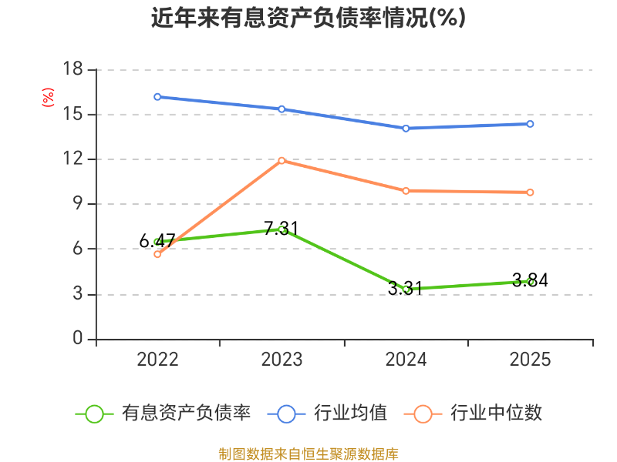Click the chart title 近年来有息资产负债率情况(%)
point(308,18)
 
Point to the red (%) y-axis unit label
point(48,97)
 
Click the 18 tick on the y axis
point(72,69)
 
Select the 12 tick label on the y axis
point(72,159)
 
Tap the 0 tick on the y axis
point(78,338)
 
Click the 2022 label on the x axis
point(157,360)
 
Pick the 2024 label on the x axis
point(406,360)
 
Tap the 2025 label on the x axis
point(530,360)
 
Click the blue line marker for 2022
point(157,97)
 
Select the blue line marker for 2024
point(406,129)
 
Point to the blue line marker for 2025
point(530,124)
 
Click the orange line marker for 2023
point(282,161)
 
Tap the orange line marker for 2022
point(157,255)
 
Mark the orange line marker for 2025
point(530,192)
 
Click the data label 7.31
point(281,228)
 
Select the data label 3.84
point(530,280)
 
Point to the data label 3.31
point(405,289)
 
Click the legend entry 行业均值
point(327,413)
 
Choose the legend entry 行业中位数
point(473,413)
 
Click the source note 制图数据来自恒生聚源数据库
point(308,454)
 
